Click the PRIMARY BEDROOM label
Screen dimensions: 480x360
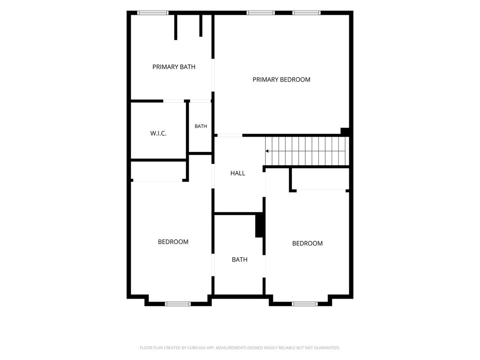pyautogui.click(x=281, y=80)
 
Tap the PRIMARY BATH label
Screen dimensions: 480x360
pyautogui.click(x=174, y=67)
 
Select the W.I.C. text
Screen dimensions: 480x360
pyautogui.click(x=158, y=133)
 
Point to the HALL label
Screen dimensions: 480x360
pyautogui.click(x=238, y=173)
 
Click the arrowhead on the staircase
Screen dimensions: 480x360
pyautogui.click(x=267, y=151)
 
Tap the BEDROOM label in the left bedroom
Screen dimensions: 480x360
pyautogui.click(x=173, y=242)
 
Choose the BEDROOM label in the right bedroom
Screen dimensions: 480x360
pyautogui.click(x=308, y=243)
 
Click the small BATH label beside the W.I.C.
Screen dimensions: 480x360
pyautogui.click(x=201, y=126)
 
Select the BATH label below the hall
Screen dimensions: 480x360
pyautogui.click(x=240, y=260)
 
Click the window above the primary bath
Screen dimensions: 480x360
pyautogui.click(x=153, y=13)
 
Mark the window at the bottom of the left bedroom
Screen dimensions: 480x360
pyautogui.click(x=178, y=304)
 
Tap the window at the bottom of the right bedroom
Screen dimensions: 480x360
pyautogui.click(x=305, y=304)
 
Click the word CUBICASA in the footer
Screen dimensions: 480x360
pyautogui.click(x=196, y=348)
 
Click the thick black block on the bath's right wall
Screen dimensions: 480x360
pyautogui.click(x=259, y=226)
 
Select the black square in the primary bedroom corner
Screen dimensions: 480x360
pyautogui.click(x=345, y=131)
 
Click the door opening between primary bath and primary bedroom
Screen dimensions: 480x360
pyautogui.click(x=213, y=75)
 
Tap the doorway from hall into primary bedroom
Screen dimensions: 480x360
pyautogui.click(x=230, y=136)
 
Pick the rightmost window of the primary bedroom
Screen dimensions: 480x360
pyautogui.click(x=306, y=13)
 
